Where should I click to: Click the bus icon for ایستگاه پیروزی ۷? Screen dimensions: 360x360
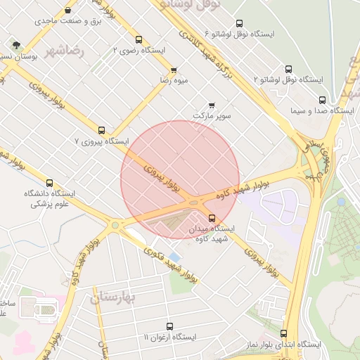tap(102, 130)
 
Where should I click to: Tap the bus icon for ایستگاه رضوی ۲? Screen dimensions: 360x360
tap(139, 40)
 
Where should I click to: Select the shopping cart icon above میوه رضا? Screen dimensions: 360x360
tap(174, 70)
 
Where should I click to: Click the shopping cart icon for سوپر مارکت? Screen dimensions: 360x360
tap(212, 105)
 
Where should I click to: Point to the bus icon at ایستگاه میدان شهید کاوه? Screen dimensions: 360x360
tap(212, 218)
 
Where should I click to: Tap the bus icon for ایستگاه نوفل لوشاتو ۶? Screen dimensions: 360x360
tap(239, 23)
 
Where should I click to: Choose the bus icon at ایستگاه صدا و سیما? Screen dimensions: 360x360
tap(322, 100)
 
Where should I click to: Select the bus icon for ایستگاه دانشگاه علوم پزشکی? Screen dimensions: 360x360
tap(49, 183)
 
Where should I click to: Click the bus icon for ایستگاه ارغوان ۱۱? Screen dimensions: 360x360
tap(169, 326)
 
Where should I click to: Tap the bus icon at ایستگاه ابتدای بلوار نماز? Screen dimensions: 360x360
tap(284, 334)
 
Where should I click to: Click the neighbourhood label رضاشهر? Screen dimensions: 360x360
tap(63, 51)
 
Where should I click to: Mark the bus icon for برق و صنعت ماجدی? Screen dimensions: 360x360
tap(67, 11)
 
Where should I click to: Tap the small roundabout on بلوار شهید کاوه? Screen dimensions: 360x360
tap(115, 225)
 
